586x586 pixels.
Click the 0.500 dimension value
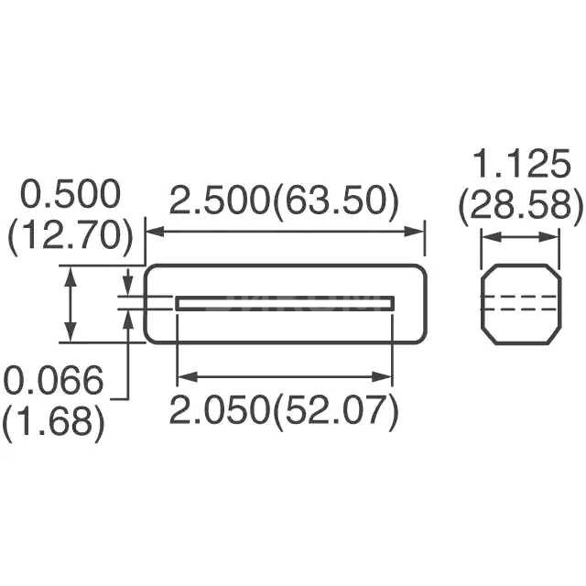(71, 196)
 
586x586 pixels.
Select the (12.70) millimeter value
(71, 236)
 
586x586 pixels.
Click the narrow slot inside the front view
(285, 303)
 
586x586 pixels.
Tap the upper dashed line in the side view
(521, 298)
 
